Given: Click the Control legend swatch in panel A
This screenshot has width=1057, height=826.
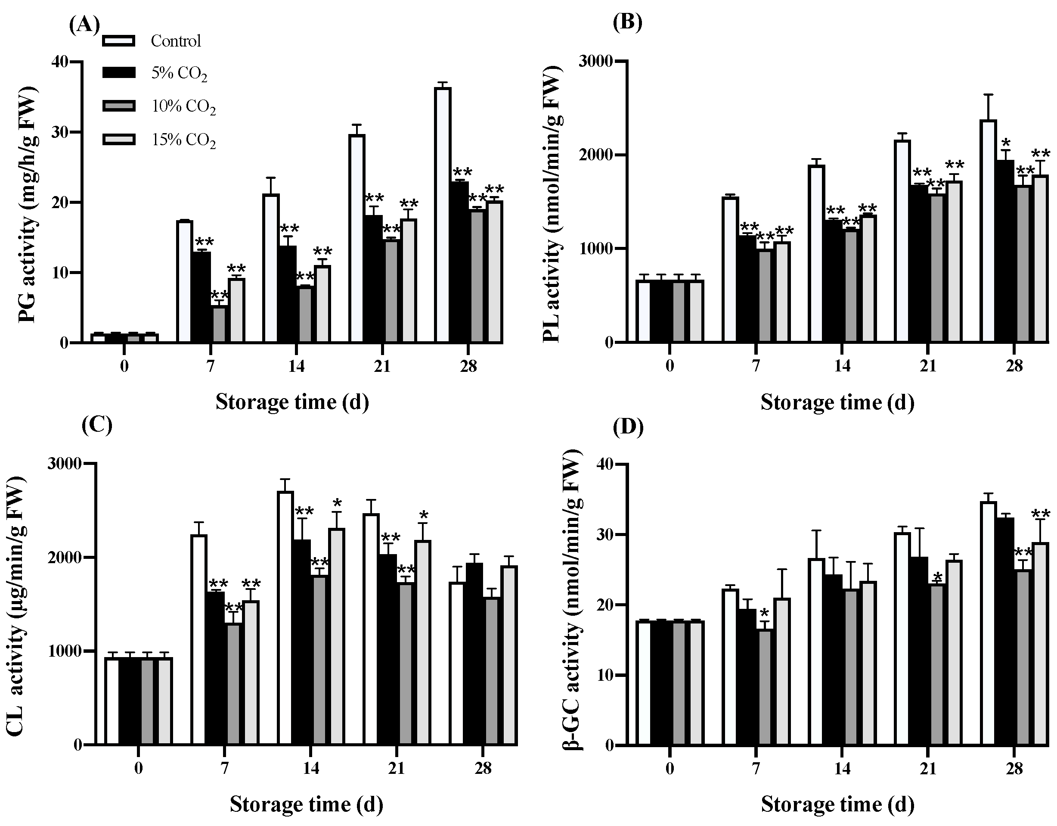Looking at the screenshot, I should pyautogui.click(x=118, y=41).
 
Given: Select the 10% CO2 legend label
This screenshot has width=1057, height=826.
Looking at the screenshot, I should pyautogui.click(x=183, y=107).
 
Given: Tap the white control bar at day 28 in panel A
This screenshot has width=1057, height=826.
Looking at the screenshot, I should pyautogui.click(x=442, y=215).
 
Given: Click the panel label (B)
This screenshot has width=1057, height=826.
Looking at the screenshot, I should pyautogui.click(x=627, y=22).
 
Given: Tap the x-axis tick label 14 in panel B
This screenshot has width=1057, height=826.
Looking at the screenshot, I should pyautogui.click(x=842, y=366).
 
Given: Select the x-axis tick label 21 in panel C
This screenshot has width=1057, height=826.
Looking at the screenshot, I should pyautogui.click(x=396, y=768).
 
